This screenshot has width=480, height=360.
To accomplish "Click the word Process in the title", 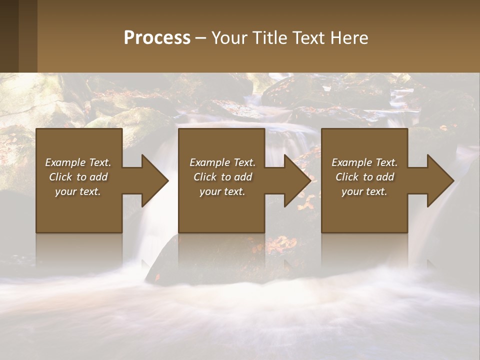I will tap(157, 38).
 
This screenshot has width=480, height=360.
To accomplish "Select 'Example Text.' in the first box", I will tap(78, 162).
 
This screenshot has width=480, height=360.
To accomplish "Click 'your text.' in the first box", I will tap(78, 191).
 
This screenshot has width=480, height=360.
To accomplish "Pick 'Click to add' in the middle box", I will tap(222, 177).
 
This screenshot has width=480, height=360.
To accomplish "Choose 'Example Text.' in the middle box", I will tap(222, 162).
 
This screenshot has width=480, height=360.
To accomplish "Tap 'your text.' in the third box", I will tap(364, 191).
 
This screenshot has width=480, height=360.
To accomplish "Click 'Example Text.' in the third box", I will tap(364, 162).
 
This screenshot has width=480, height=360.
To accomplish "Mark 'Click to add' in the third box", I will tap(364, 177).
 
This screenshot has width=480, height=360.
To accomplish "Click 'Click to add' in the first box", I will tap(78, 177).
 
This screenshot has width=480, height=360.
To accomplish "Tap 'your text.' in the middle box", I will tap(222, 191).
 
